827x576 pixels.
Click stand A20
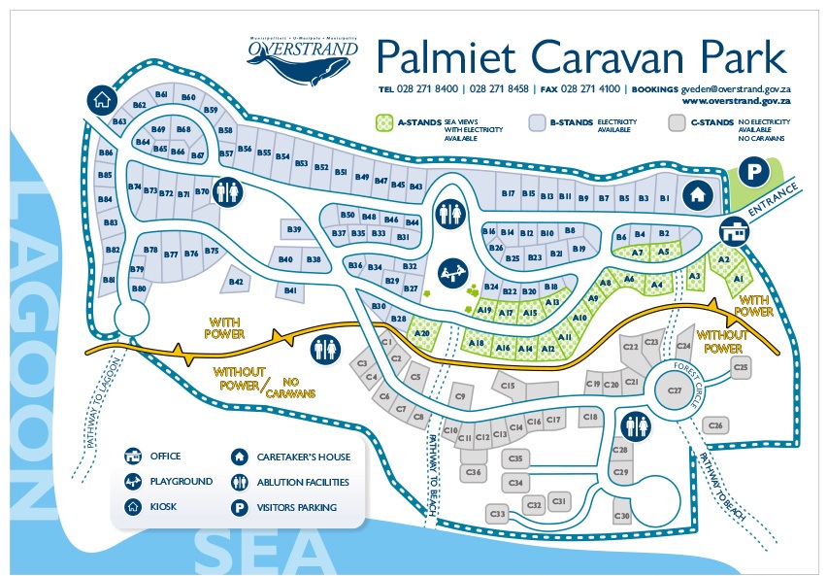point(421,332)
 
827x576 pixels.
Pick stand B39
point(295,228)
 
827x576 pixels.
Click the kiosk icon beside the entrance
point(735,231)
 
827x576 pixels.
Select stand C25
point(742,367)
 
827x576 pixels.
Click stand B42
point(236,282)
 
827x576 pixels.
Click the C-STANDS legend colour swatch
point(678,123)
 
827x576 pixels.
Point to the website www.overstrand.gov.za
point(736,100)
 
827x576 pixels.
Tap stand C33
point(499,513)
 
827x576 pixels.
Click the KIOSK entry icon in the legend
point(131,506)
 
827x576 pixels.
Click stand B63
point(119,122)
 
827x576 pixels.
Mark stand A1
point(739,279)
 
